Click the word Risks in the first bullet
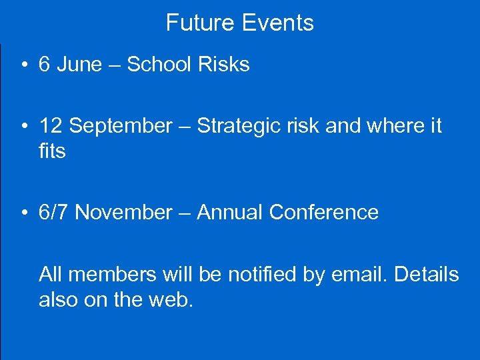coord(224,65)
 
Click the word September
coord(121,125)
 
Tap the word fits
coord(52,151)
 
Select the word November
coord(124,213)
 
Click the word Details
coord(427,274)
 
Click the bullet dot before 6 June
coord(23,65)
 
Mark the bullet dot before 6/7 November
coord(23,213)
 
